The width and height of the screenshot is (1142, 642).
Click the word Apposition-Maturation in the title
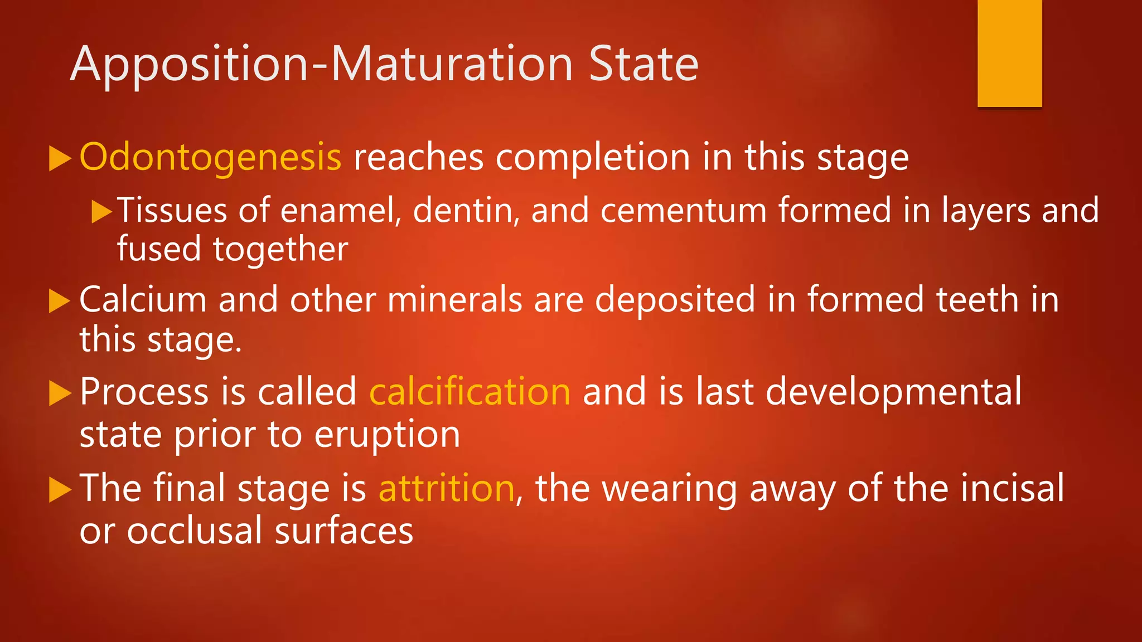pos(322,65)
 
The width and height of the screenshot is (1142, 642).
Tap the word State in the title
pos(643,64)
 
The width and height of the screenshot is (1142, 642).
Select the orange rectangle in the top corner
pos(1009,53)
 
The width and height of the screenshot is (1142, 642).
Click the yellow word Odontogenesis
pos(210,158)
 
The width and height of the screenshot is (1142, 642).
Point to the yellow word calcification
pos(470,392)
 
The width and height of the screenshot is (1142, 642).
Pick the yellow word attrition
pos(446,488)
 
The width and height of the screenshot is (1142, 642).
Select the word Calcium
pos(143,300)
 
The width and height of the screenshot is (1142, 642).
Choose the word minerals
pos(454,300)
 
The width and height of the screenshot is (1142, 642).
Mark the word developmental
pos(893,392)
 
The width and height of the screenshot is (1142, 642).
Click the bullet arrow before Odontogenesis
pos(60,159)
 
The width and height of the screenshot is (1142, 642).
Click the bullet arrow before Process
pos(60,393)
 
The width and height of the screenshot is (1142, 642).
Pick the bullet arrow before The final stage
pos(60,490)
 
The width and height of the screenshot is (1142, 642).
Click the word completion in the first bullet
pos(593,158)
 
